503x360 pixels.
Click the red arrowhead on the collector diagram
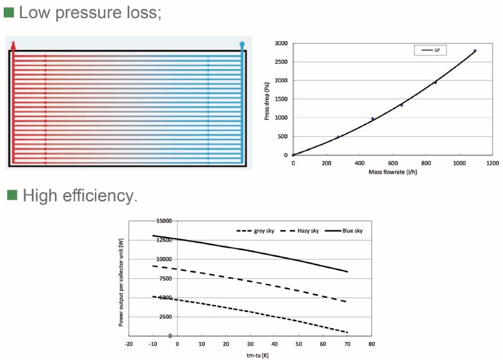tap(12, 45)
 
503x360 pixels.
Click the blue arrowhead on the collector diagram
tap(242, 45)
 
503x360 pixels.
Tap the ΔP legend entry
tap(436, 50)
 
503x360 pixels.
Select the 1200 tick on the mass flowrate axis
tap(492, 163)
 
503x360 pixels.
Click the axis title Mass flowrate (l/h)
tap(393, 172)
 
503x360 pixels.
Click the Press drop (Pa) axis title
tap(266, 99)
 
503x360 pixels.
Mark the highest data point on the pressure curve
tap(475, 51)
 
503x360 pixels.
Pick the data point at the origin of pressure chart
tap(293, 155)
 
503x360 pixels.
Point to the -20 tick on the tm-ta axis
tap(129, 344)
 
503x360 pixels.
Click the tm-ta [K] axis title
tap(250, 356)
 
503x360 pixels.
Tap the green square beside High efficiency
tap(12, 195)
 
